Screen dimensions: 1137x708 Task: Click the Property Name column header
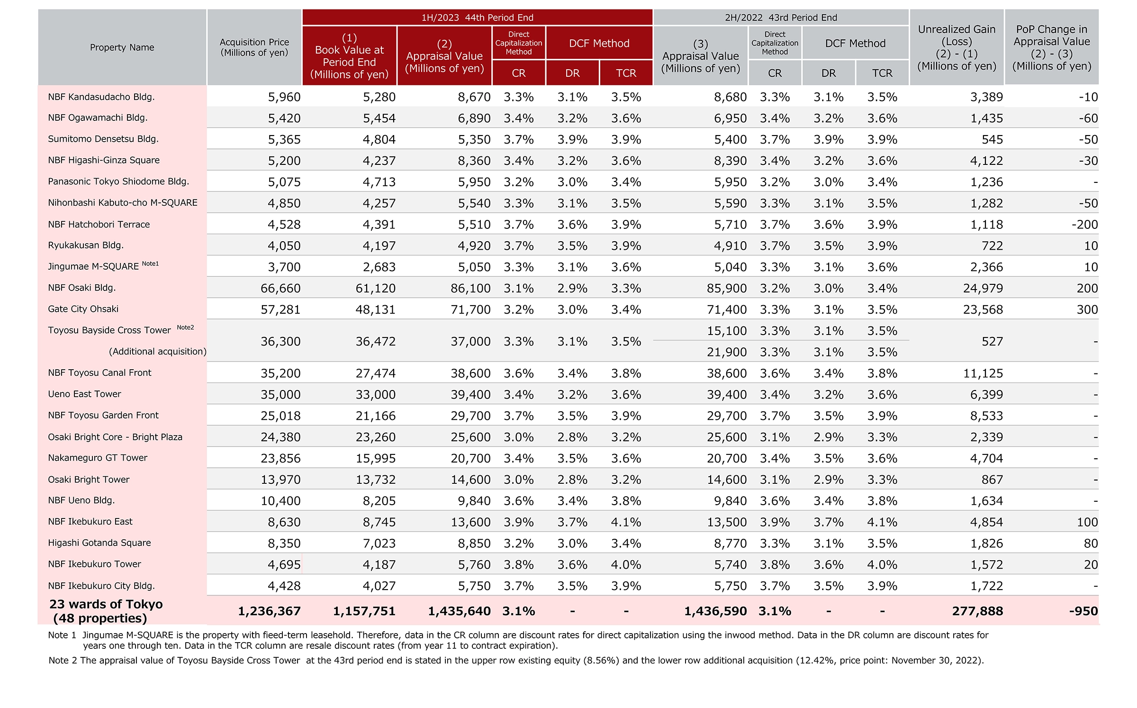122,47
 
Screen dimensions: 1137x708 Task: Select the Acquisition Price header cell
254,47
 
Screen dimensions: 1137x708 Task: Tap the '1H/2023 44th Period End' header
478,18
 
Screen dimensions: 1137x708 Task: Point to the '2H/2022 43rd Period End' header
781,18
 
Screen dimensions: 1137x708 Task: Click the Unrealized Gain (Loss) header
957,47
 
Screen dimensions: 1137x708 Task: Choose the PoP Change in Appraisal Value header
1052,47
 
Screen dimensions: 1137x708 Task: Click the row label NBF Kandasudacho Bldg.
101,97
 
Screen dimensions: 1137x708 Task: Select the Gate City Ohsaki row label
83,309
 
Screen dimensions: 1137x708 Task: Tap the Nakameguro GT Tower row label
98,458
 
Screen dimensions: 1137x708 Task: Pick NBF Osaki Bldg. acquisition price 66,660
280,288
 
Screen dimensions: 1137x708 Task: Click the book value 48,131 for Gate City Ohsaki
376,309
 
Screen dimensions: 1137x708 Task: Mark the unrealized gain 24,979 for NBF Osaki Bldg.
983,288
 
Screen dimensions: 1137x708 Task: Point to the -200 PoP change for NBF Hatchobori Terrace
1085,225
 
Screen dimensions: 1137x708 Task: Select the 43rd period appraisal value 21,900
727,352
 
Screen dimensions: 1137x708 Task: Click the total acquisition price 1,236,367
269,611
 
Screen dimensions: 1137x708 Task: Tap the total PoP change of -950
1083,611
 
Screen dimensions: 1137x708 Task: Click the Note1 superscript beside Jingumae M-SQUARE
151,263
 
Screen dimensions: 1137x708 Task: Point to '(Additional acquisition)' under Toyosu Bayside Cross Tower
158,352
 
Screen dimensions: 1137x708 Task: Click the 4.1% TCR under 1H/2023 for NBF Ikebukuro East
626,522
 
